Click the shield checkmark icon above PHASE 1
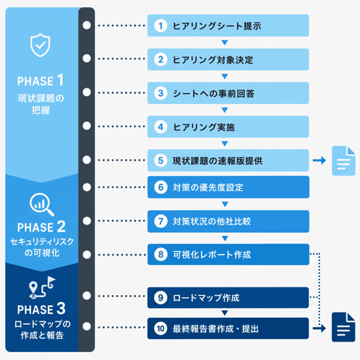click(41, 45)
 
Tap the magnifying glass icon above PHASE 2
click(41, 204)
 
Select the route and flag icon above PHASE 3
click(43, 287)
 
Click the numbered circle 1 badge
click(160, 26)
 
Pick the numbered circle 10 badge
click(160, 329)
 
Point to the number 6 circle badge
click(161, 187)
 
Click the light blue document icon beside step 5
click(344, 161)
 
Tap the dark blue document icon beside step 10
click(344, 327)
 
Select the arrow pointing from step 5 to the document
click(319, 160)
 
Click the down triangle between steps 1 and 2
click(225, 43)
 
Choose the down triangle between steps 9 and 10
click(225, 313)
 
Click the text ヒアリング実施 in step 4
click(204, 127)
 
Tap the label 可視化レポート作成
click(212, 255)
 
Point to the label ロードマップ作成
click(206, 298)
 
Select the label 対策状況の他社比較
click(212, 221)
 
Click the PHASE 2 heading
click(41, 227)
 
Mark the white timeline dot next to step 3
click(86, 92)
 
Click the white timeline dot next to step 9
click(86, 296)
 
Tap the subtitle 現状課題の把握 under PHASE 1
click(41, 104)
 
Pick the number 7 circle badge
click(161, 221)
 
